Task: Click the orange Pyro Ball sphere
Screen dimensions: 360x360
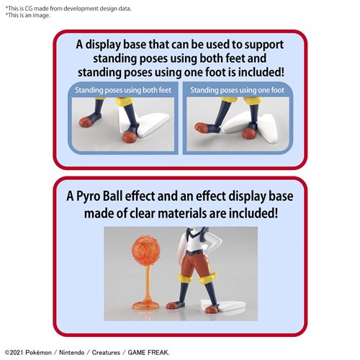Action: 146,250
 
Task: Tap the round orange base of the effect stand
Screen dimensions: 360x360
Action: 146,306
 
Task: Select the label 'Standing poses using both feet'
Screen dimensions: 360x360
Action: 123,90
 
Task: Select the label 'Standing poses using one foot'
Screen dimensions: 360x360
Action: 237,90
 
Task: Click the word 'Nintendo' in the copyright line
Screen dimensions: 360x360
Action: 72,353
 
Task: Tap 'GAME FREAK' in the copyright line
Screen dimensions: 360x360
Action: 148,353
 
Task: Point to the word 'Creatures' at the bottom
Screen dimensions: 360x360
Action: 106,353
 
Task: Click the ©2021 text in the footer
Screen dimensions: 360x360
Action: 14,353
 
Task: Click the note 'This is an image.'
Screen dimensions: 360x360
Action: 28,15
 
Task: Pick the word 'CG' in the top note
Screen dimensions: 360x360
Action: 28,9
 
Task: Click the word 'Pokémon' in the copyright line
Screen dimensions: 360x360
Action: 38,353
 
